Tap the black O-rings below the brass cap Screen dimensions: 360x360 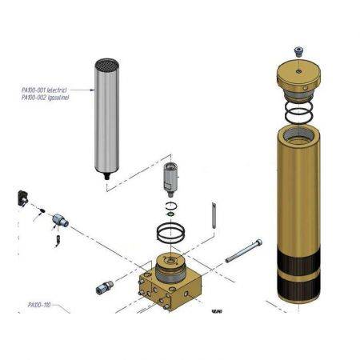[298, 111]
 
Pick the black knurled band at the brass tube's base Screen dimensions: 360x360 [298, 280]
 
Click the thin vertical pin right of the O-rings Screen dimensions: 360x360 [214, 215]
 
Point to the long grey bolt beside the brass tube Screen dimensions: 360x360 [243, 251]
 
